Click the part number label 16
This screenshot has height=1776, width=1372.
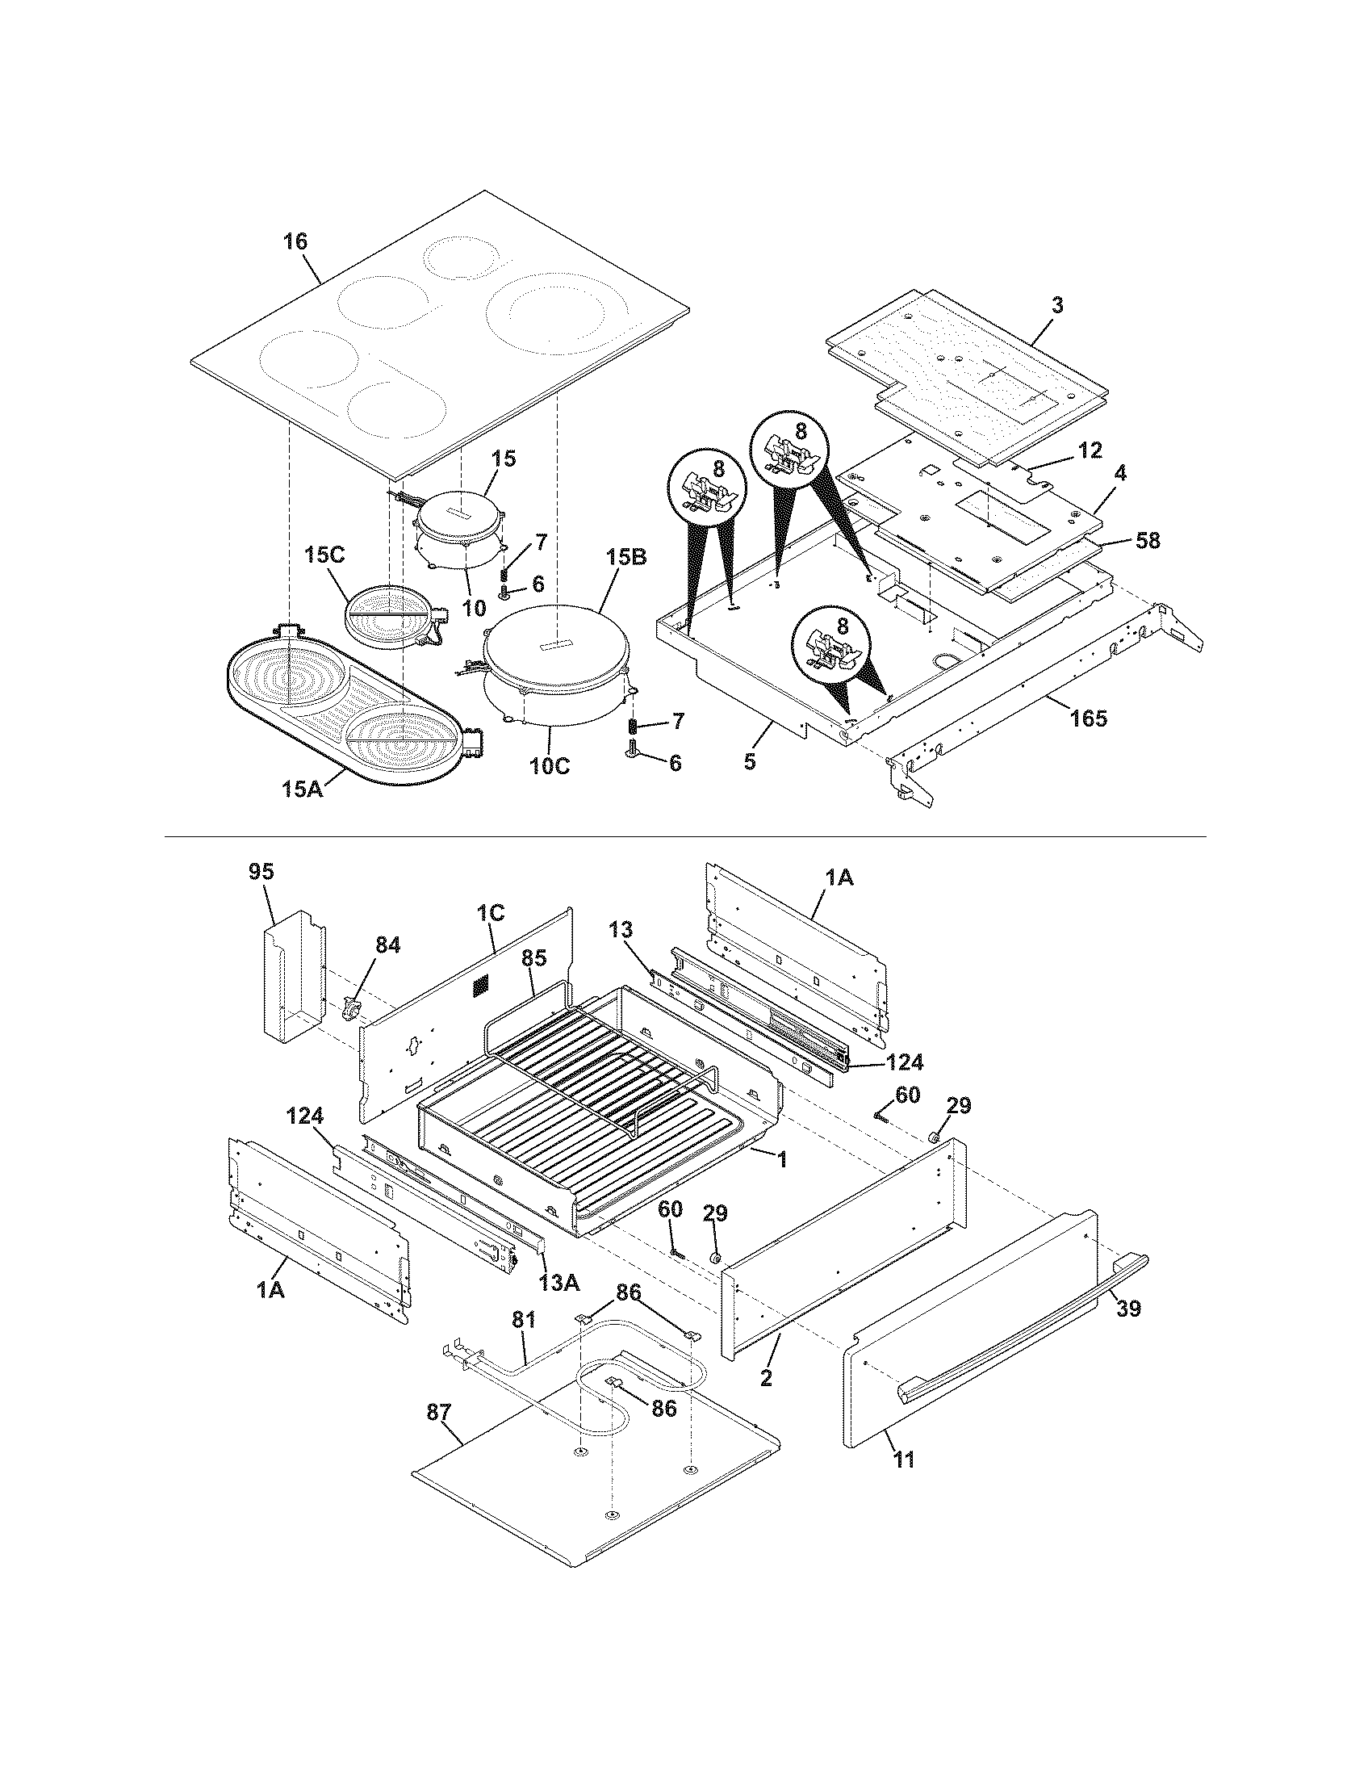[x=296, y=241]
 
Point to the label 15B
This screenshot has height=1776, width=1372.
[x=625, y=558]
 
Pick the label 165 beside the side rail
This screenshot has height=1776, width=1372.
[x=1089, y=718]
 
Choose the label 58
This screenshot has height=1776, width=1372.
[x=1148, y=540]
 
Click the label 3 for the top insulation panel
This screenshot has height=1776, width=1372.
[x=1056, y=306]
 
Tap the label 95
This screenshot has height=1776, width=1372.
[x=261, y=872]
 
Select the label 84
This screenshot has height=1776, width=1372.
[x=387, y=945]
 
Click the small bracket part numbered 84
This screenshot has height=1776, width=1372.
[x=352, y=1010]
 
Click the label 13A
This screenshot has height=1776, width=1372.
[x=559, y=1283]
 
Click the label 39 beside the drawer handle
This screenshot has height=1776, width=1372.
[x=1128, y=1309]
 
